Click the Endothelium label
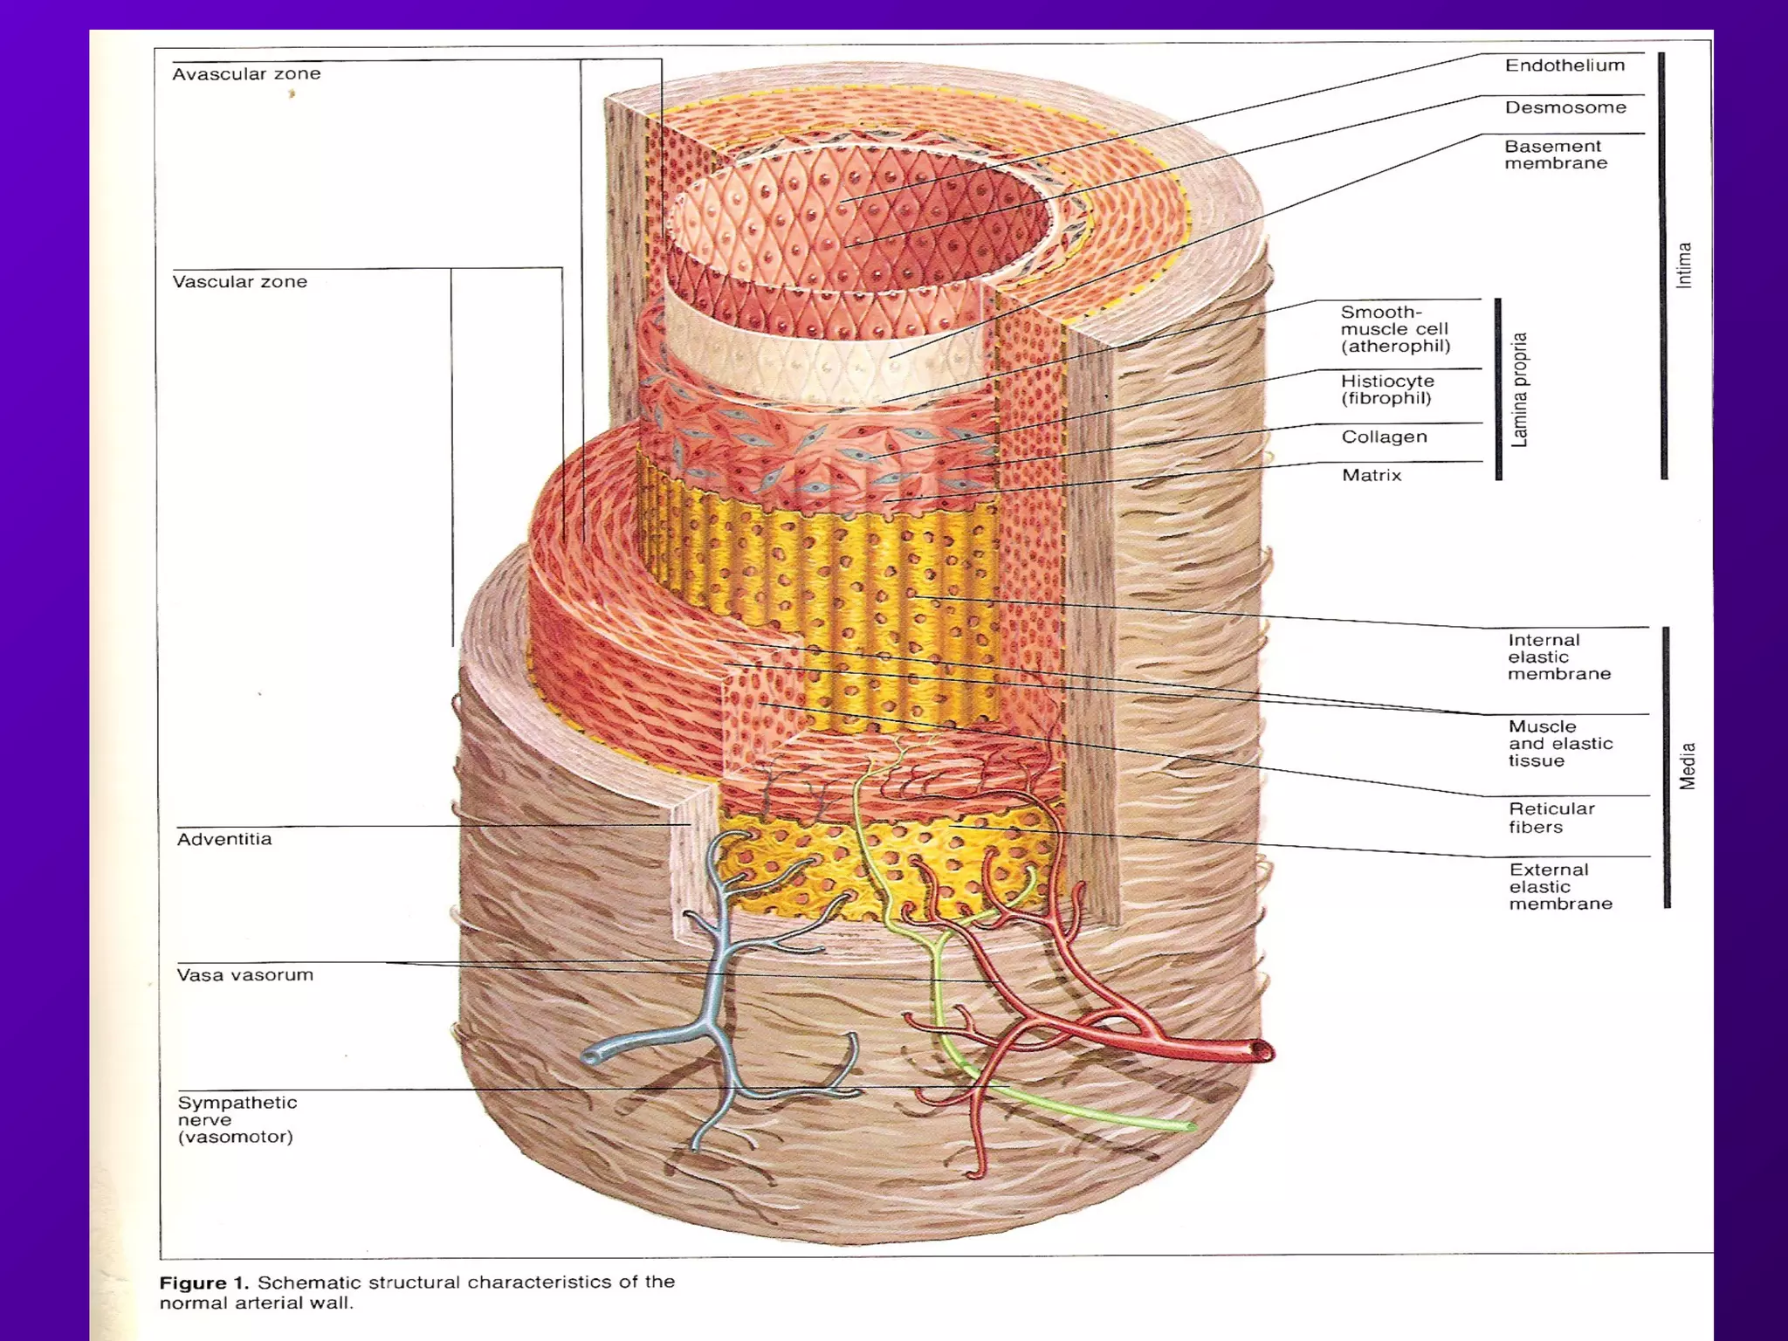[x=1564, y=65]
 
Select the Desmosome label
[x=1565, y=107]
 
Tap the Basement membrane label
[x=1555, y=155]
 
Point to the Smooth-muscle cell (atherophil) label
[x=1395, y=329]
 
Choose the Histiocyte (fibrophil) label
[x=1387, y=389]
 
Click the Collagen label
[x=1384, y=437]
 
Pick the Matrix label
[x=1371, y=475]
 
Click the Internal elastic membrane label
[x=1558, y=657]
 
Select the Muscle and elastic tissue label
[x=1559, y=743]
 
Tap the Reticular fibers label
[x=1551, y=817]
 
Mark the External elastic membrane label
[x=1560, y=886]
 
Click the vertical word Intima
[x=1684, y=265]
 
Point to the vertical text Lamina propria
[x=1520, y=389]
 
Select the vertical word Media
[x=1688, y=766]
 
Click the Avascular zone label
[x=246, y=74]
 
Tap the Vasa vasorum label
[x=244, y=975]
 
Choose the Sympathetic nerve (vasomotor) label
[x=236, y=1119]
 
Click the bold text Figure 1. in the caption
[x=203, y=1283]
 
